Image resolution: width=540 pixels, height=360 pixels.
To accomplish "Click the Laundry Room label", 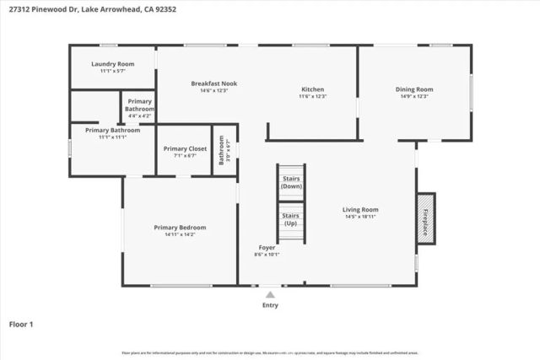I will pyautogui.click(x=112, y=64).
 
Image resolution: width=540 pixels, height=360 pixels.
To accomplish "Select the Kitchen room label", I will pyautogui.click(x=313, y=89).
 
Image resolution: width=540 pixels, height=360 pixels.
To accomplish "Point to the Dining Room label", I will pyautogui.click(x=414, y=89).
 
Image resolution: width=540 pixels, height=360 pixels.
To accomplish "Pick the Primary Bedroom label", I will pyautogui.click(x=180, y=227).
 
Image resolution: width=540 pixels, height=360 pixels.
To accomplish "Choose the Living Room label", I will pyautogui.click(x=359, y=209).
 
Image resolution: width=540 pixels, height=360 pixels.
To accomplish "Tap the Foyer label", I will pyautogui.click(x=267, y=247).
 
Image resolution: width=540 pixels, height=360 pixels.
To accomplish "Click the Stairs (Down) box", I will pyautogui.click(x=291, y=182).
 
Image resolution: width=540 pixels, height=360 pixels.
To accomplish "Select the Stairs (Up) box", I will pyautogui.click(x=290, y=219).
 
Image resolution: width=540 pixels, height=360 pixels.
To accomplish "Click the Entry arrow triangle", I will pyautogui.click(x=270, y=295).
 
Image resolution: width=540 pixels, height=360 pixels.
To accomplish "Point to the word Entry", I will pyautogui.click(x=270, y=305).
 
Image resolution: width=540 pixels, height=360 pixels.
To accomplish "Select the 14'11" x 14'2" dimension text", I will pyautogui.click(x=180, y=234).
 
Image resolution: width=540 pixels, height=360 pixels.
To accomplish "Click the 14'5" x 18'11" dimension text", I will pyautogui.click(x=359, y=217).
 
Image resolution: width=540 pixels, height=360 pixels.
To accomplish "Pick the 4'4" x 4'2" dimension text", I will pyautogui.click(x=140, y=116).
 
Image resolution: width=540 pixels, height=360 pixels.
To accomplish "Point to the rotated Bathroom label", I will pyautogui.click(x=221, y=150).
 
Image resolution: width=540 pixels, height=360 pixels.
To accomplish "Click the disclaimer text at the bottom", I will pyautogui.click(x=270, y=352).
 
